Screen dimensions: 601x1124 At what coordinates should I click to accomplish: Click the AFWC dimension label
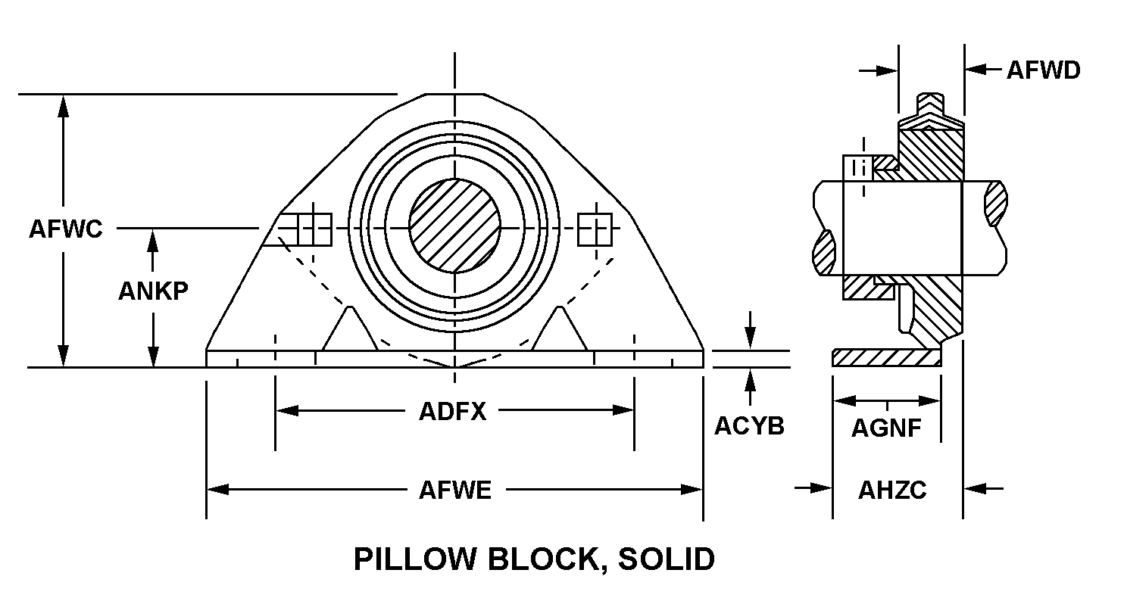coord(65,229)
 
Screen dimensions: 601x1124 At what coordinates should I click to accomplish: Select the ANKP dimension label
coord(153,291)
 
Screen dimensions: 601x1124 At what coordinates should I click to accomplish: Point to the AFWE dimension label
coord(455,490)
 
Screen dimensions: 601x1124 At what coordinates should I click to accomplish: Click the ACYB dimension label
coord(749,426)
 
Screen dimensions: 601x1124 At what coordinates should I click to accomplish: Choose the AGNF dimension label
coord(886,428)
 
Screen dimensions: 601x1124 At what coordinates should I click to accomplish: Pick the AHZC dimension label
coord(892,490)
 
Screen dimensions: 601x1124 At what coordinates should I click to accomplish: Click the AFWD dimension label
coord(1043,70)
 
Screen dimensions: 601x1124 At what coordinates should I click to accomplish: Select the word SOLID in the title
coord(667,559)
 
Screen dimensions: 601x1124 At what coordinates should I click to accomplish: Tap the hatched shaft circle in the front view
coord(454,226)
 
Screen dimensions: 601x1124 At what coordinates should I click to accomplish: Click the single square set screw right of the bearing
coord(595,229)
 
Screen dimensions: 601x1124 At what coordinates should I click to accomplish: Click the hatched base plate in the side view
coord(886,358)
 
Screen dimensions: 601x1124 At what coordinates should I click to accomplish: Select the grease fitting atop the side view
coord(931,102)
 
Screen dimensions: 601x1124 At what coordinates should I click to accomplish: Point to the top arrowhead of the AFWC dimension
coord(64,105)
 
